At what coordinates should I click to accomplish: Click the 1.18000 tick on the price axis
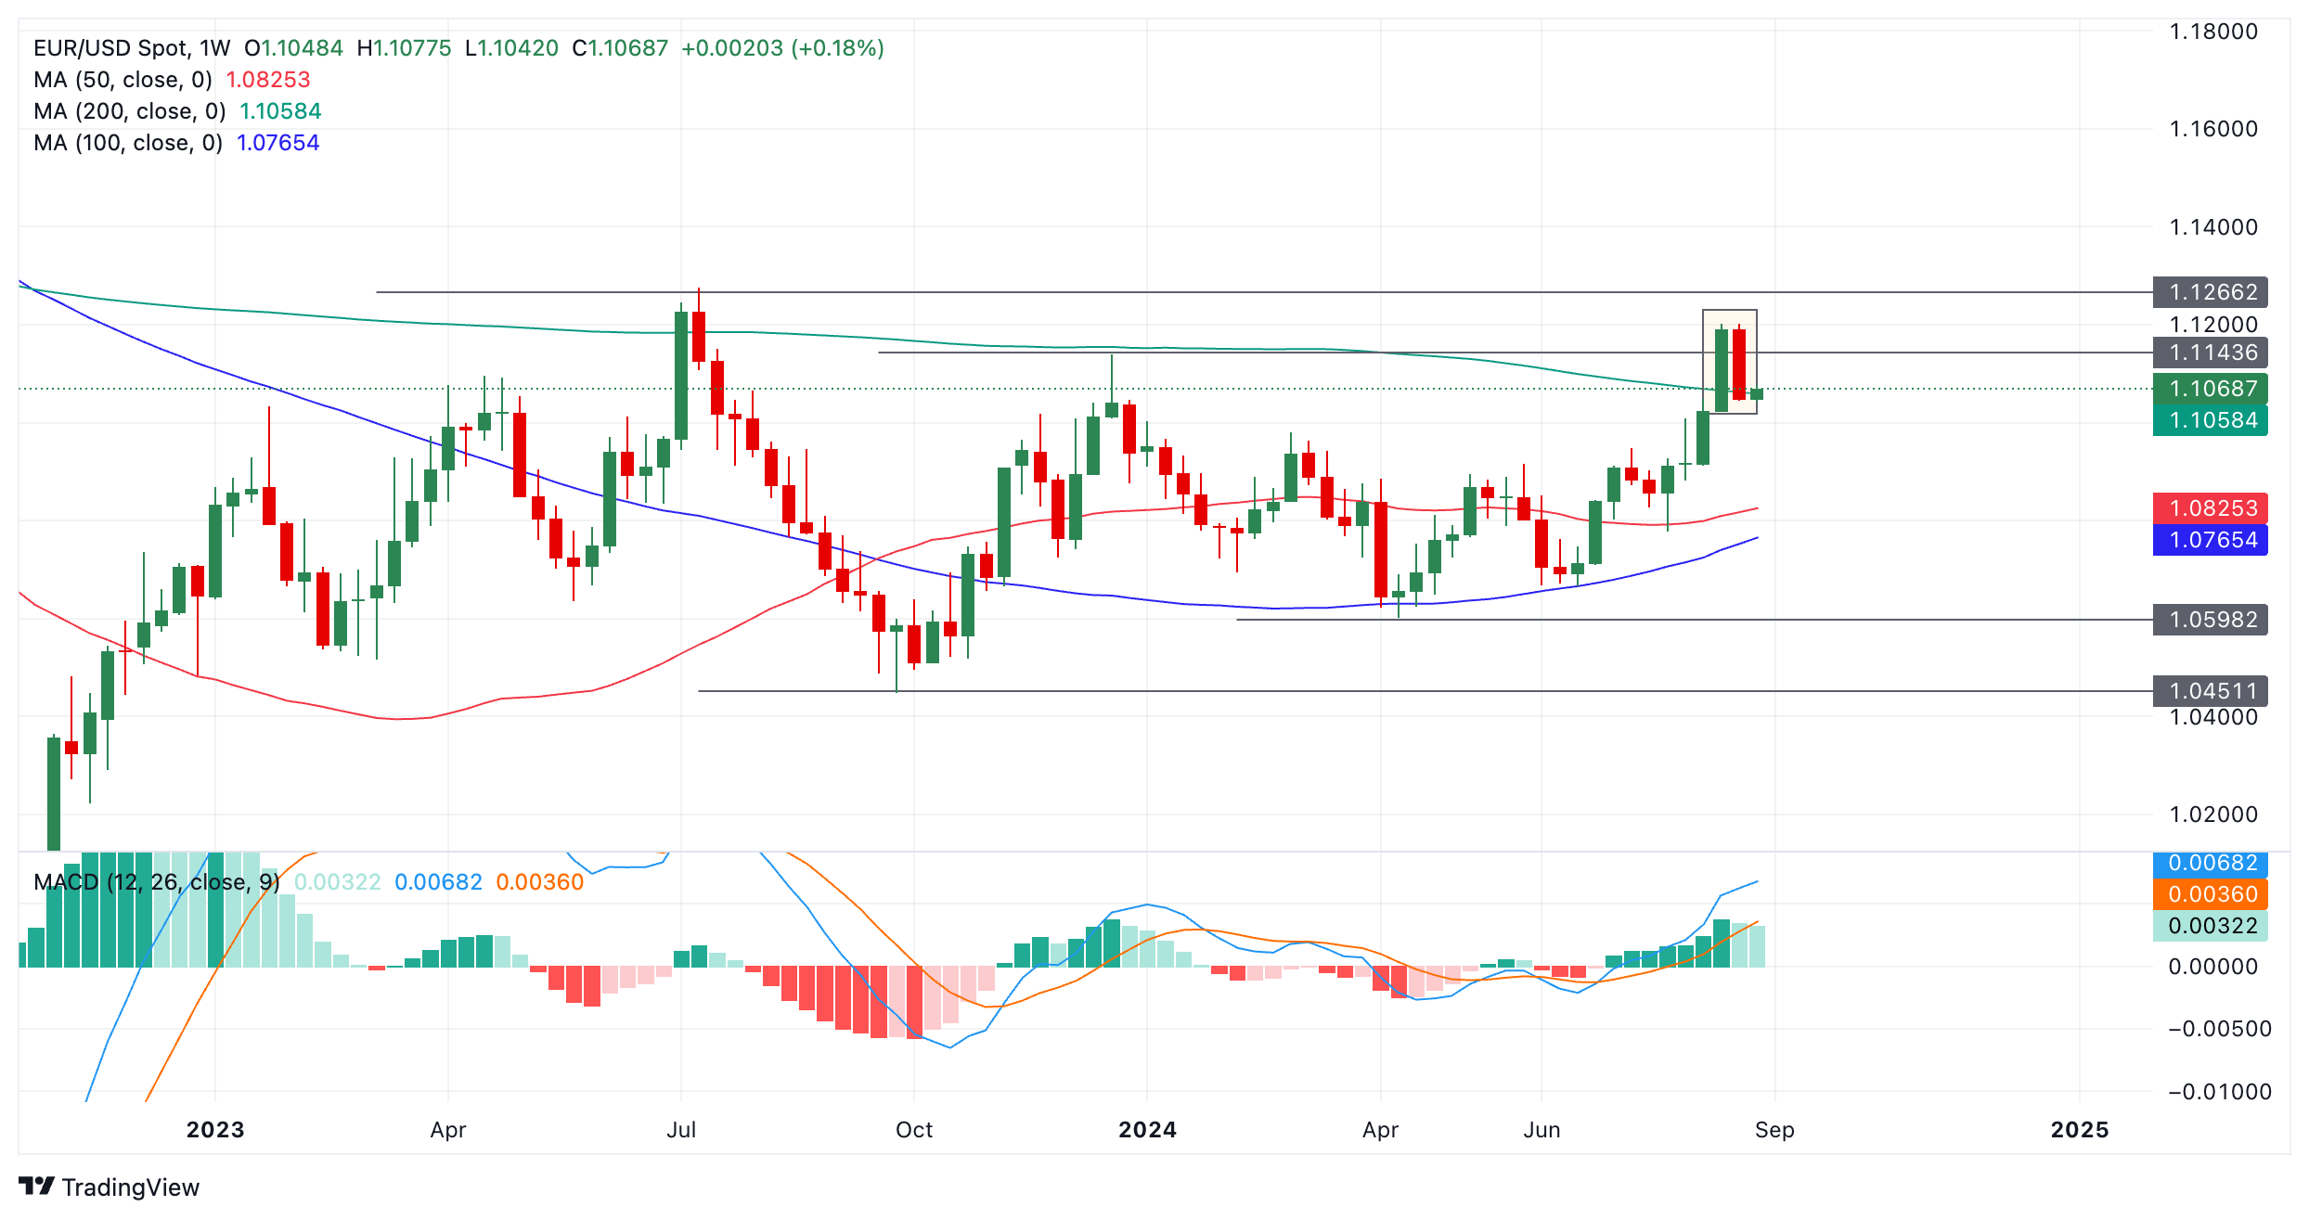[2212, 32]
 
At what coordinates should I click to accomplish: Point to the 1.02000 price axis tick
[2212, 815]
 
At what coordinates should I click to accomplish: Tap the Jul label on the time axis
[681, 1130]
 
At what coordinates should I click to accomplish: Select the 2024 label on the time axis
[1147, 1130]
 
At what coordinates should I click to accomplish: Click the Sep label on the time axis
[1774, 1130]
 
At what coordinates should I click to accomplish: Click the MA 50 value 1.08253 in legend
[268, 80]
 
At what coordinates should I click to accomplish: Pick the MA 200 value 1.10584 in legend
[280, 111]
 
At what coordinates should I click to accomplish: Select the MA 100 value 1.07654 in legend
[277, 143]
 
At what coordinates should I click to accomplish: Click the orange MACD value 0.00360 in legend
[540, 882]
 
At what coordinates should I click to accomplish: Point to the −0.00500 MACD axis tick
[2219, 1029]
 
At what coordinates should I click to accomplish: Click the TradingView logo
[110, 1187]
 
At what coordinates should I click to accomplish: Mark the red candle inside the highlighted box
[1739, 364]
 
